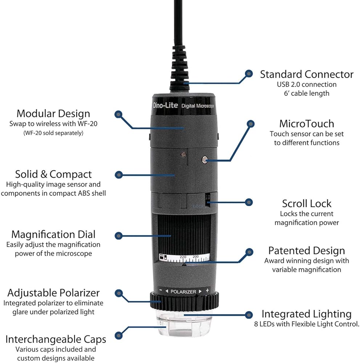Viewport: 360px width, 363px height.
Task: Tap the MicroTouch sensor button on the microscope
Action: [x=205, y=159]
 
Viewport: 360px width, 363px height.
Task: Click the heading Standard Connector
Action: [x=307, y=74]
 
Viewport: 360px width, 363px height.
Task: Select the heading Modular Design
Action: [x=53, y=113]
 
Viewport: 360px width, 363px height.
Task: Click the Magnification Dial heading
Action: [x=53, y=234]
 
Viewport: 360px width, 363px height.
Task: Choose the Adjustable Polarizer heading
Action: [x=53, y=293]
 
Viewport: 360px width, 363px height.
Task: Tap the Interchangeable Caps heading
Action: [x=56, y=339]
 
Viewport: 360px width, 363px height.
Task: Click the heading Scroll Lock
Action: [x=307, y=203]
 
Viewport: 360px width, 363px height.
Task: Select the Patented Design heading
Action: [x=307, y=250]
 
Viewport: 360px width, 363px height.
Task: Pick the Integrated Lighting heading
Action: [x=307, y=314]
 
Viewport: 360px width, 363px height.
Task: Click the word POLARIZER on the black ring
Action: [x=183, y=291]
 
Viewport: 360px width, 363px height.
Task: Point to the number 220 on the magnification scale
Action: [x=183, y=257]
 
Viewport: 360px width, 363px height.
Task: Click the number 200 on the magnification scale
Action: [x=196, y=257]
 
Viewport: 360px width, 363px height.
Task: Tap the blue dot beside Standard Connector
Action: [x=248, y=74]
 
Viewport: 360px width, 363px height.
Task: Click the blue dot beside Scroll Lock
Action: [x=248, y=202]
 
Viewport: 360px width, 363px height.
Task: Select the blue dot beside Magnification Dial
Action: [x=118, y=236]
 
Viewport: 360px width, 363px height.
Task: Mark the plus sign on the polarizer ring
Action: [x=207, y=290]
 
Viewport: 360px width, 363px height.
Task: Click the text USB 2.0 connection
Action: [x=307, y=84]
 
